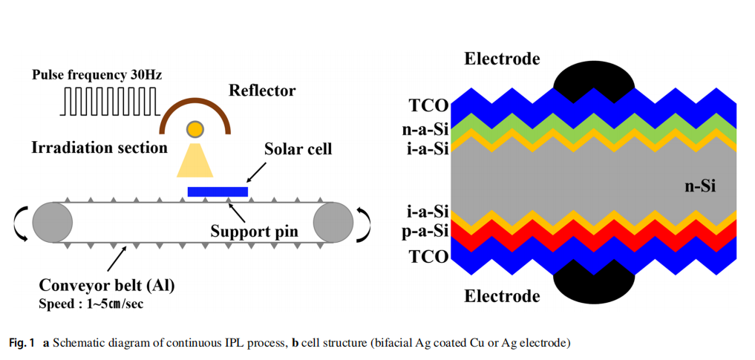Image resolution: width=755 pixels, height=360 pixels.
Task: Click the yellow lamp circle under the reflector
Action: (x=195, y=130)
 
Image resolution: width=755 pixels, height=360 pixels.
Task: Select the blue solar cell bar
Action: (x=218, y=192)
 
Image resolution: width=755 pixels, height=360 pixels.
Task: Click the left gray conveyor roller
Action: (x=51, y=223)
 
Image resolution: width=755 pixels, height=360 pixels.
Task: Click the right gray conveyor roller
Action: (x=333, y=223)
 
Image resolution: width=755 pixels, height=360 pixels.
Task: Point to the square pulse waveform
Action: (x=112, y=102)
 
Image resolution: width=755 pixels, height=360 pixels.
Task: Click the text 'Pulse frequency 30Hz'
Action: (x=97, y=75)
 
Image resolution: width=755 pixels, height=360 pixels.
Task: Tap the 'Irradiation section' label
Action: (x=99, y=148)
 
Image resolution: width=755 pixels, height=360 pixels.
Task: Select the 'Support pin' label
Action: (x=253, y=232)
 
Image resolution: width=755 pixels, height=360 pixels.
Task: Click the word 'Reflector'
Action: (x=262, y=91)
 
